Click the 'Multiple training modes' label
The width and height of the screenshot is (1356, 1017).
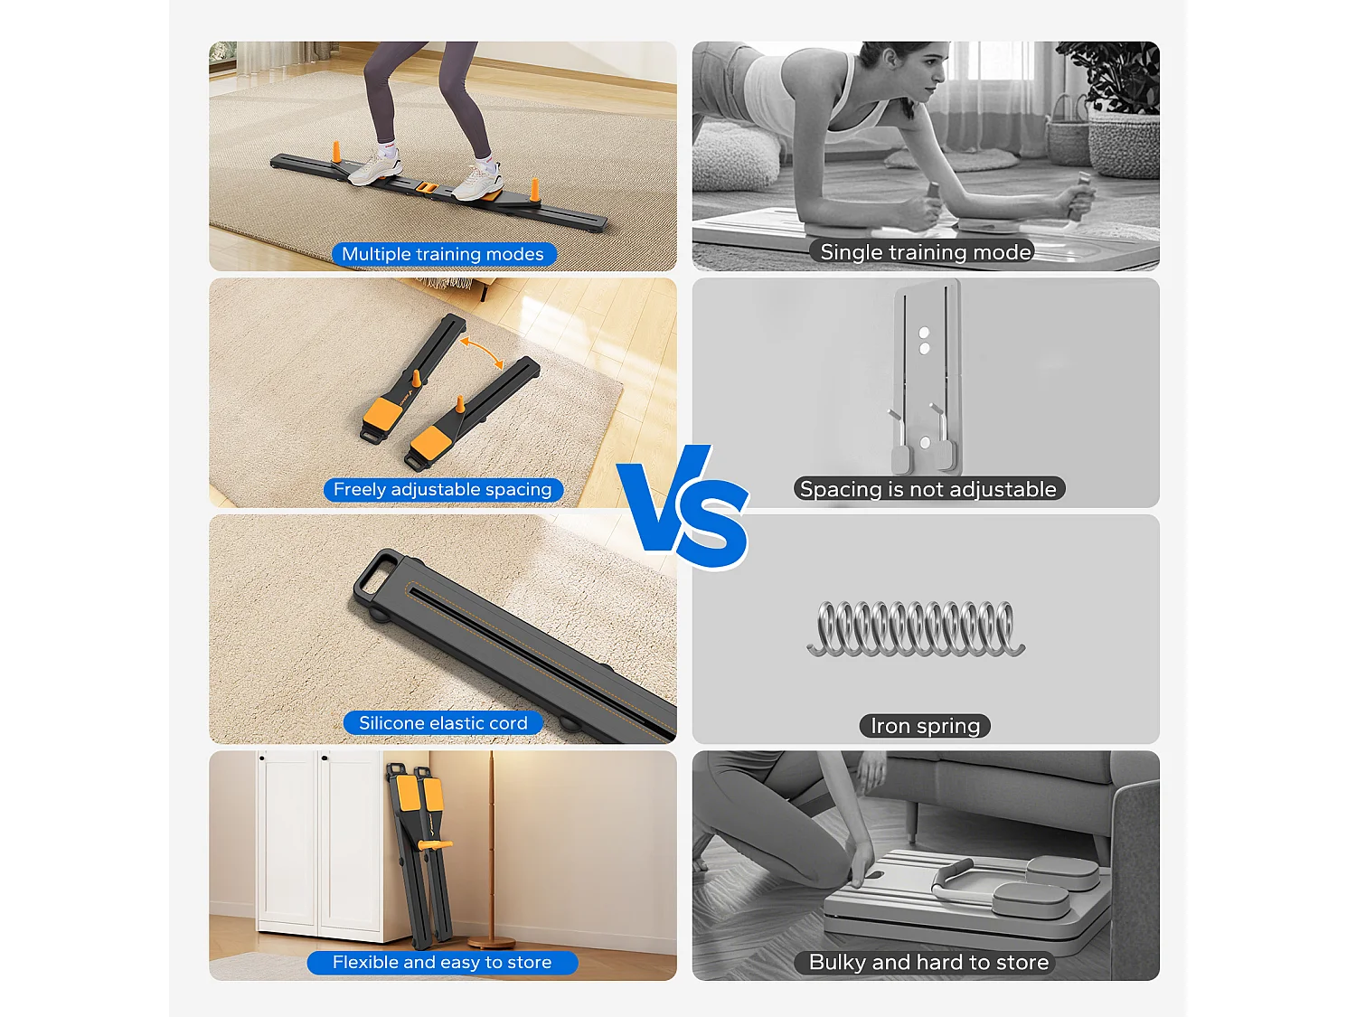[x=443, y=254]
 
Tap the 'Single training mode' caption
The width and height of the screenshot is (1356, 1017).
[x=926, y=252]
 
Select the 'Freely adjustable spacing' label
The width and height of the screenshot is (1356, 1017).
[x=443, y=489]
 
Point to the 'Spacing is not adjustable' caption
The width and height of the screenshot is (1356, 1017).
[x=928, y=489]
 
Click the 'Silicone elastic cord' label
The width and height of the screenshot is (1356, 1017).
[x=443, y=723]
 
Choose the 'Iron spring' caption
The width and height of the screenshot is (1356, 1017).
[x=925, y=726]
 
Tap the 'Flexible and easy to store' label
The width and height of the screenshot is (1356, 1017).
[x=442, y=963]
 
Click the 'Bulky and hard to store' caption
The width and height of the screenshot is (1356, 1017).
[x=928, y=963]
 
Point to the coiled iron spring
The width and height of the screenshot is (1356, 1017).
[x=916, y=627]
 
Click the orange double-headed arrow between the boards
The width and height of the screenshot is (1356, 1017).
[x=482, y=353]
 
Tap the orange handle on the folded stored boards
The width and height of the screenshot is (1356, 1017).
[x=433, y=845]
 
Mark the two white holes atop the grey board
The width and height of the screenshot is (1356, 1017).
[x=924, y=340]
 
